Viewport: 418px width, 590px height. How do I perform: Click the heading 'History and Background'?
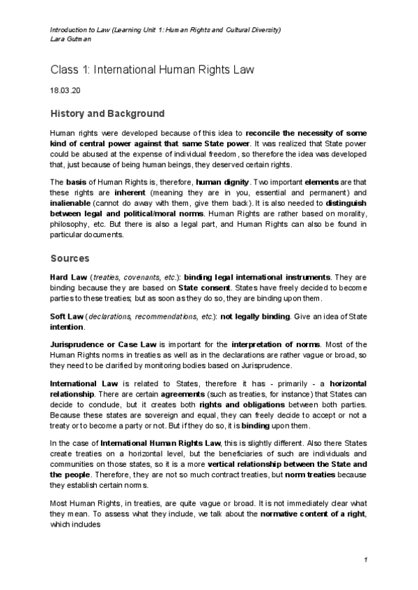click(x=107, y=113)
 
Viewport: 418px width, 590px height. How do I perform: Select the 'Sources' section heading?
click(x=70, y=258)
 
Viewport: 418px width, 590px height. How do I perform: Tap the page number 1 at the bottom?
click(x=365, y=560)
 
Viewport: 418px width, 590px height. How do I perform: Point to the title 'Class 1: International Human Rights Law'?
click(x=153, y=70)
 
